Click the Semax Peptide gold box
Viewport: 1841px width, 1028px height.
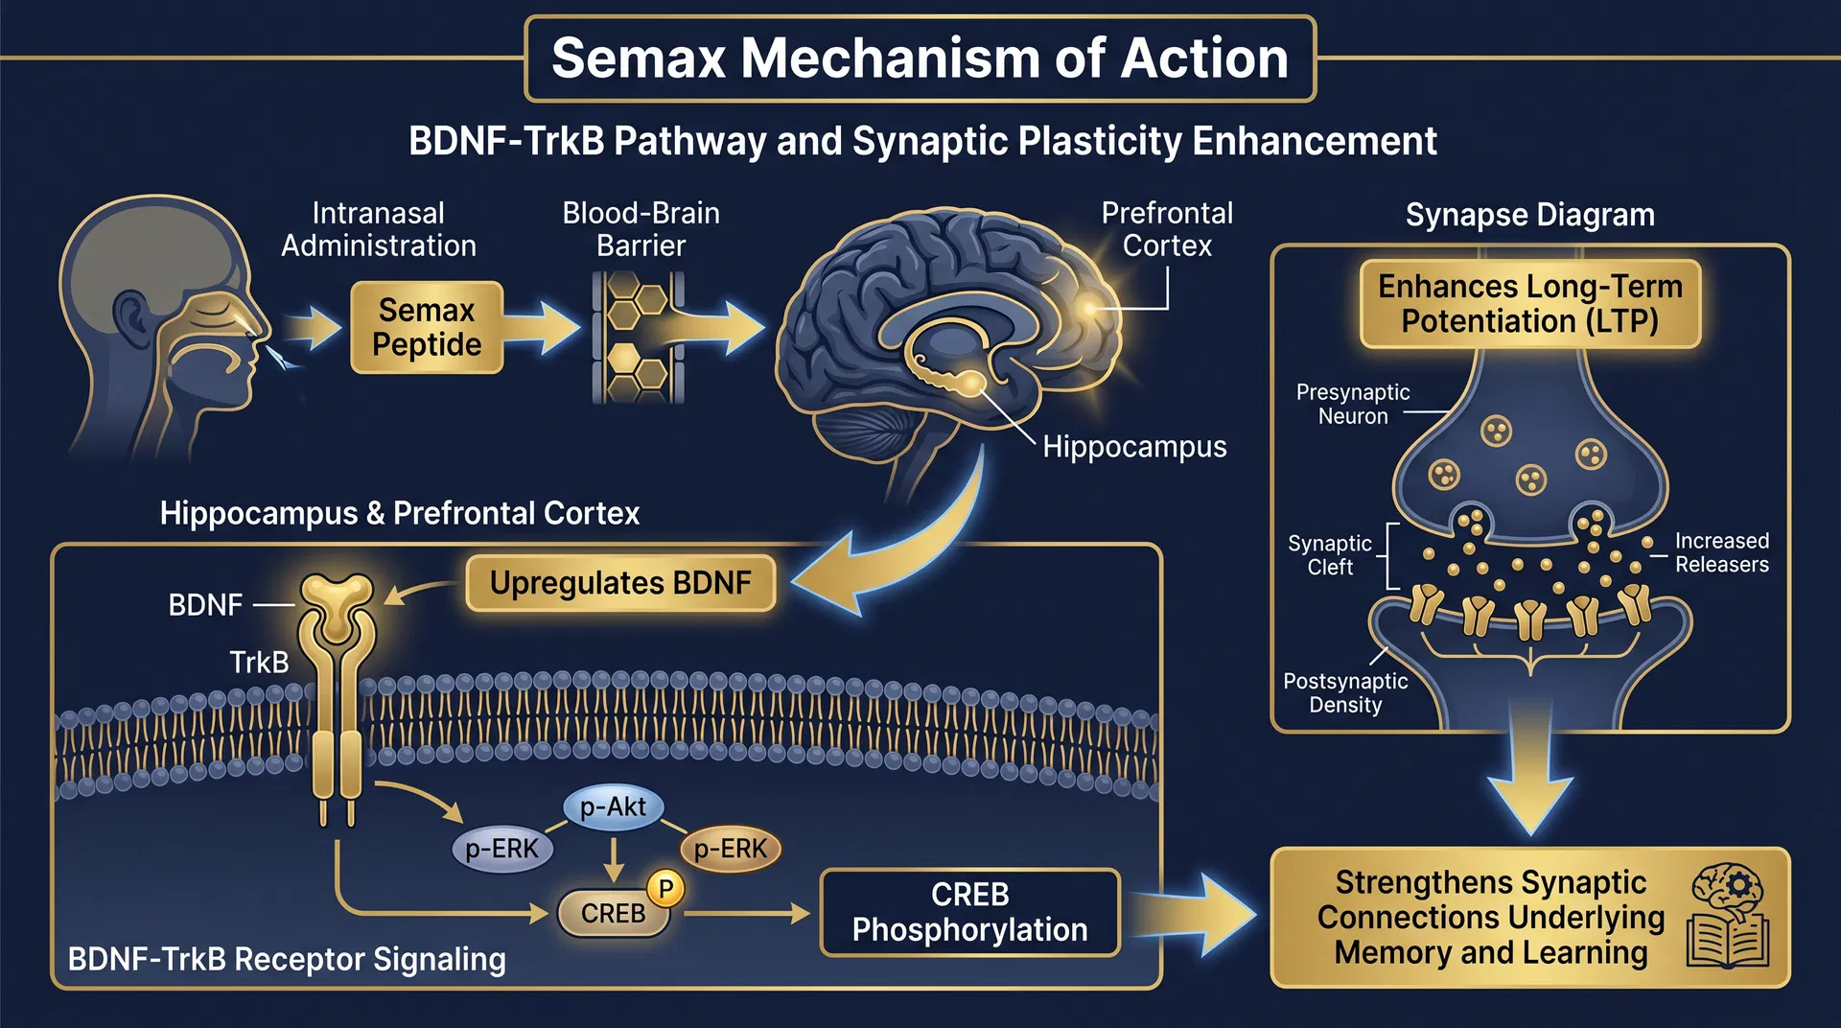(427, 327)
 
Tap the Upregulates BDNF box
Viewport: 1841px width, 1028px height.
(620, 583)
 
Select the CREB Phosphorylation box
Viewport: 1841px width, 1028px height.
(969, 912)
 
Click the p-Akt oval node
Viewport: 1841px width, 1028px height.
(613, 806)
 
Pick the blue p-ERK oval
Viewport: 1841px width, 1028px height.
(501, 849)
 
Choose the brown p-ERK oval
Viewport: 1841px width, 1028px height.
(731, 849)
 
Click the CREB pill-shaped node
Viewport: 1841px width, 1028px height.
(613, 913)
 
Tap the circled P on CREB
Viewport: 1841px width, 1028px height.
(665, 888)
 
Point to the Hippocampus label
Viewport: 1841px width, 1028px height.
(1134, 447)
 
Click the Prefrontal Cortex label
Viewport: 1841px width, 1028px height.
(1167, 229)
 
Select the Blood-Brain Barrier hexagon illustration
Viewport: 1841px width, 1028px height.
(639, 337)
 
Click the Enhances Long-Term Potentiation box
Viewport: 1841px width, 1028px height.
(1529, 304)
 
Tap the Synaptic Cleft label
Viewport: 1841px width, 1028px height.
(1330, 555)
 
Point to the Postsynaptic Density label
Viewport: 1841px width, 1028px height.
(1345, 692)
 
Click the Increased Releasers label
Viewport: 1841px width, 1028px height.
(1721, 553)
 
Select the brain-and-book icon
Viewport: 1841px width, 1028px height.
(1728, 916)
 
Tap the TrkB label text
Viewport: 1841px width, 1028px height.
(259, 662)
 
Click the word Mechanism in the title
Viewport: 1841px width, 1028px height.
(890, 58)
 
